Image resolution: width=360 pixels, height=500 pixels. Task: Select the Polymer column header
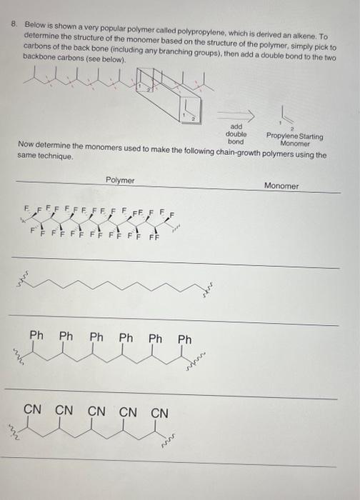tap(119, 181)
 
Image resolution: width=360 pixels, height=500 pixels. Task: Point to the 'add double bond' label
tap(235, 133)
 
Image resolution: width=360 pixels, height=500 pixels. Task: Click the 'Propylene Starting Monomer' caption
tap(294, 139)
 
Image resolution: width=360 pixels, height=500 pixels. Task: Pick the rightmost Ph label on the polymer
tap(185, 339)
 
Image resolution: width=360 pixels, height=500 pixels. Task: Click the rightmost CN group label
tap(160, 413)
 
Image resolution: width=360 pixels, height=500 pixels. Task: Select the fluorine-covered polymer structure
tap(100, 221)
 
